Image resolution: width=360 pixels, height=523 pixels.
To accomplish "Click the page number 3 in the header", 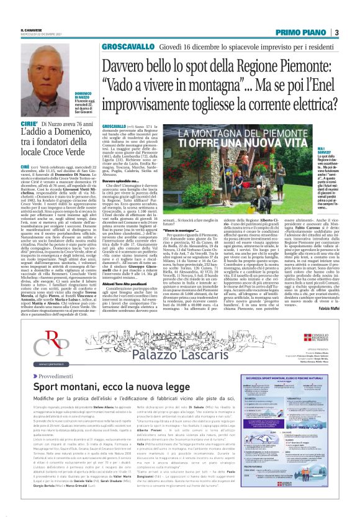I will point(336,32).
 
